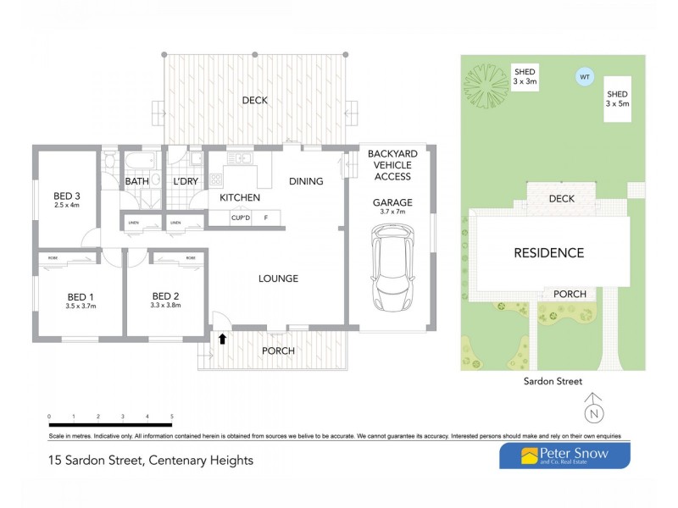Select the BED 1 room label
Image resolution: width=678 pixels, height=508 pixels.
tap(80, 297)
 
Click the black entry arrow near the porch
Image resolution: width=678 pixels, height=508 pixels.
tap(223, 340)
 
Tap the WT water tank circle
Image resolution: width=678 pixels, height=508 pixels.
tap(583, 77)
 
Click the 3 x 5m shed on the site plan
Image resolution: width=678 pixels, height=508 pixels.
tap(617, 98)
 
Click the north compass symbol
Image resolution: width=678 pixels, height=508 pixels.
tap(595, 412)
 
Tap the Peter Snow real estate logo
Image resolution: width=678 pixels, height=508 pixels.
tap(564, 456)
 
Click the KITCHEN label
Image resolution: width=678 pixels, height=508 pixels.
tap(240, 198)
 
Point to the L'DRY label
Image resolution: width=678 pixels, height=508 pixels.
tap(186, 182)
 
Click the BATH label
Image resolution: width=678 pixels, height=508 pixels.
tap(137, 182)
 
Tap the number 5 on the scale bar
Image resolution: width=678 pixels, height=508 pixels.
tap(172, 417)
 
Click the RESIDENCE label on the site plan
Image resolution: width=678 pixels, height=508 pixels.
tap(549, 252)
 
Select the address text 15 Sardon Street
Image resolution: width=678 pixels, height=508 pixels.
tap(150, 461)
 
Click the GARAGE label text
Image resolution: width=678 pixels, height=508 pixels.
tap(392, 202)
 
